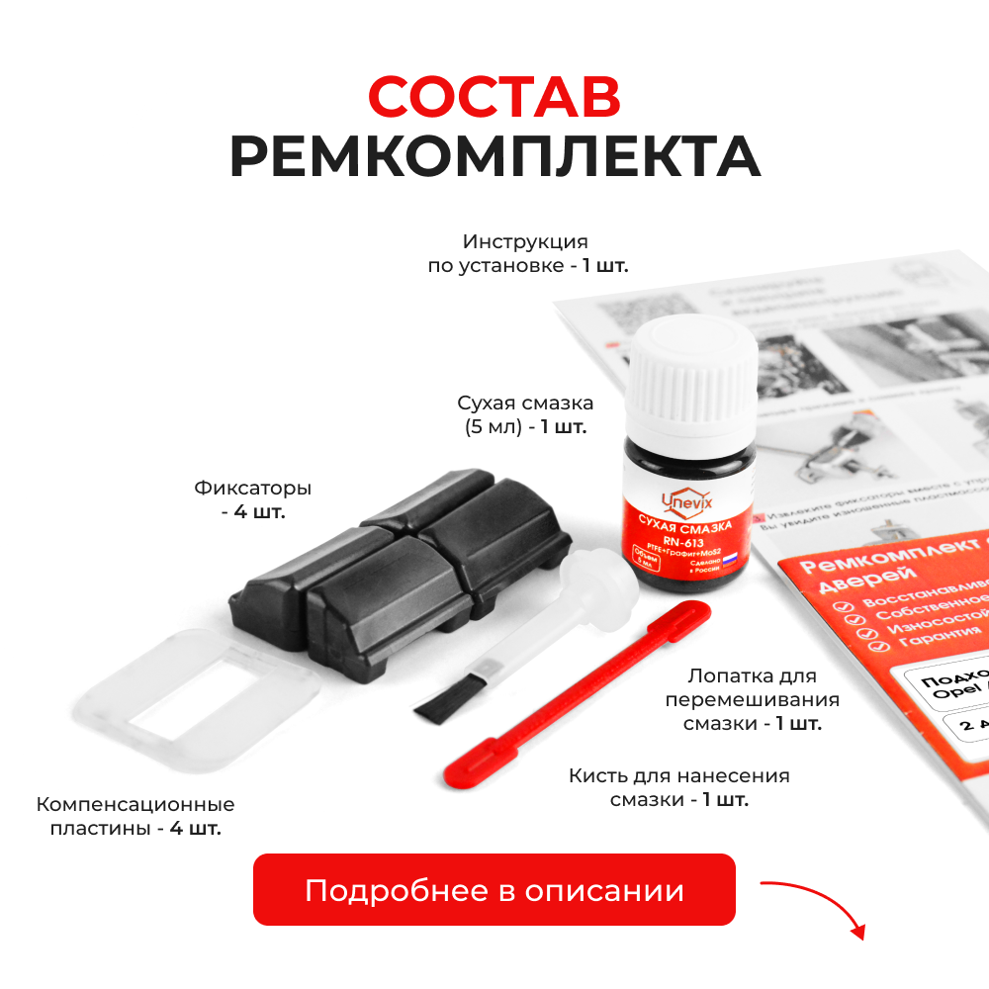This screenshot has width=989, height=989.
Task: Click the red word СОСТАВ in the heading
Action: click(494, 97)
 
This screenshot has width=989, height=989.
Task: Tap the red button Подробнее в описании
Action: click(494, 890)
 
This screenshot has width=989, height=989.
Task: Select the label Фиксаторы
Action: click(253, 489)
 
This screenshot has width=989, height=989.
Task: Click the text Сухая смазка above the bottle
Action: click(525, 404)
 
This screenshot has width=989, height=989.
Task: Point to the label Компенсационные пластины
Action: click(135, 816)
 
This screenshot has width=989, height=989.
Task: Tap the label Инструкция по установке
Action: click(525, 253)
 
